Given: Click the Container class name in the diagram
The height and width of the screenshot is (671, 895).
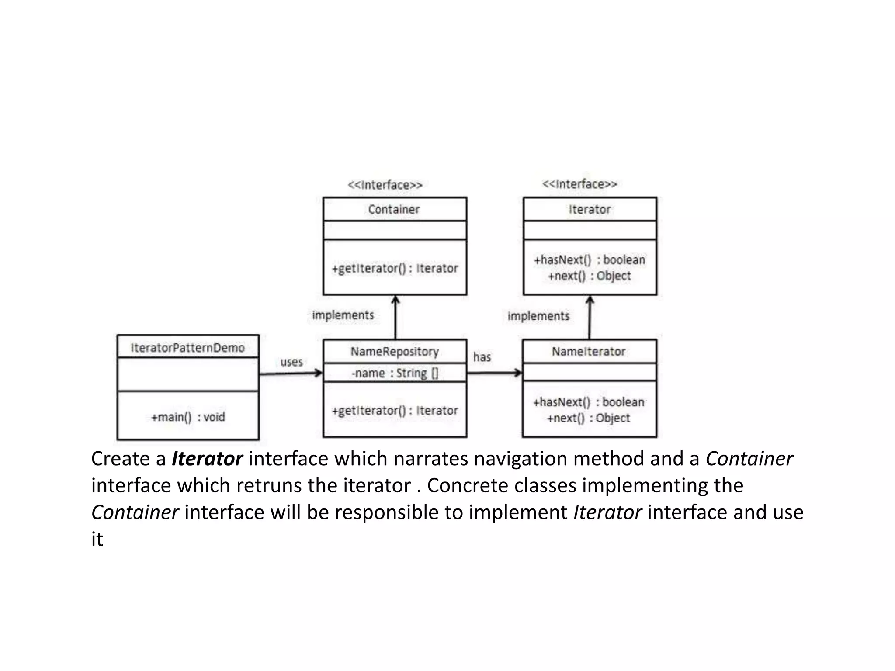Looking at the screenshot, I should pos(394,209).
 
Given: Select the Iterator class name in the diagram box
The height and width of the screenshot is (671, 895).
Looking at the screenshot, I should pos(589,209).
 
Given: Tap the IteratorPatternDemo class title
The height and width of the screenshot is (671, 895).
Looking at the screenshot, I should pos(187,348).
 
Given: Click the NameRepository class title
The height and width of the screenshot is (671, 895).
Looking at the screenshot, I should pos(394,352).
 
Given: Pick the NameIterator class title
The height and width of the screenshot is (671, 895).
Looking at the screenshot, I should pos(588,352).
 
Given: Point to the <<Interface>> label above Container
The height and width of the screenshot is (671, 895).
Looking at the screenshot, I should pos(385,185).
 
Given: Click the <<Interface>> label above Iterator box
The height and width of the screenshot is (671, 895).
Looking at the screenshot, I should pos(579,184).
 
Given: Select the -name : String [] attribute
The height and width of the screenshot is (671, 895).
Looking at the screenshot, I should pos(394,373).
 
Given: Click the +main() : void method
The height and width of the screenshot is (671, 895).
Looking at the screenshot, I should pos(188,417).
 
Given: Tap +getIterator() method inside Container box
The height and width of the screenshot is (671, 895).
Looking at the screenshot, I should pos(394,268).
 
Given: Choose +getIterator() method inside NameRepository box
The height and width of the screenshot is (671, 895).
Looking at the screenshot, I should pos(394,411).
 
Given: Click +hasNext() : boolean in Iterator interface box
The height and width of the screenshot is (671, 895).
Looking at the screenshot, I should pos(589,260).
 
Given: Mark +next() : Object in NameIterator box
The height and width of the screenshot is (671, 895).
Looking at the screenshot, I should pos(588,418).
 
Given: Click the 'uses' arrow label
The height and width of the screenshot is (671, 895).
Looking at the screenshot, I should pos(291,362).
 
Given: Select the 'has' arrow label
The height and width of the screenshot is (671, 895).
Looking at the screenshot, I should pos(482,357).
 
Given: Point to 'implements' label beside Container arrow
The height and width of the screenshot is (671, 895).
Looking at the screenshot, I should pos(343,315).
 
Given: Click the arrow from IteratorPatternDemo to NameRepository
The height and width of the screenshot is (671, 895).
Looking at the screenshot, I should pos(290,374).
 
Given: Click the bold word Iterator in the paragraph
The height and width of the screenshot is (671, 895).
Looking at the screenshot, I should pos(207,459).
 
